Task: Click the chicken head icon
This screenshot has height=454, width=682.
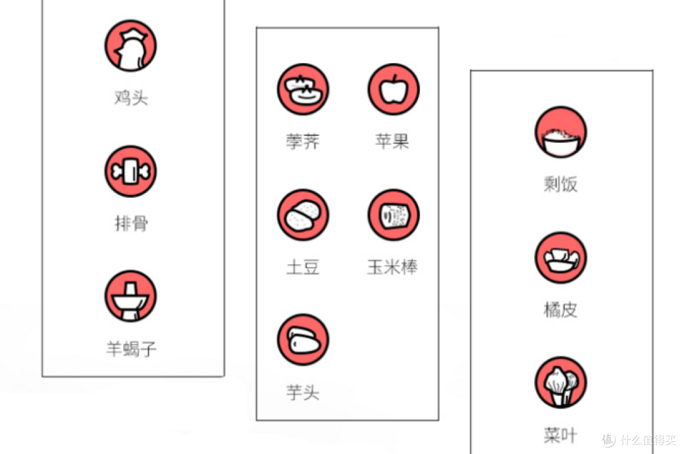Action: (131, 46)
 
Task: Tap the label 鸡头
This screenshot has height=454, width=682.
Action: (131, 97)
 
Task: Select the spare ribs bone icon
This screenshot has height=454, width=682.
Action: (131, 171)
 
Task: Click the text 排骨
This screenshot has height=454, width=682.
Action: (131, 223)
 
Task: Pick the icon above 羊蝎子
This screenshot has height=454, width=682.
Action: (131, 297)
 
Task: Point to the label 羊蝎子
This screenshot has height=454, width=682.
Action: (131, 348)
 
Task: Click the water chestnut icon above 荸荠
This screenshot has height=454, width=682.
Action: (303, 89)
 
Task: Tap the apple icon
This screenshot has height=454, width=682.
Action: (393, 89)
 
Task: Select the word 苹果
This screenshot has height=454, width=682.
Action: (392, 141)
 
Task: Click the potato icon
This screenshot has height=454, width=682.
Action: (303, 215)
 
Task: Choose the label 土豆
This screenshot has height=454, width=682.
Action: (303, 267)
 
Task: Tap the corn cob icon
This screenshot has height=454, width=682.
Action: (393, 215)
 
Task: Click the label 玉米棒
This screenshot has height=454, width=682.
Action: (392, 267)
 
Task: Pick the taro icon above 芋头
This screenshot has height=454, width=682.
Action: (303, 340)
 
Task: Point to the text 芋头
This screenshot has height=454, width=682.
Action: (303, 392)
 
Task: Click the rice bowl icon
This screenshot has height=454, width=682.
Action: (561, 132)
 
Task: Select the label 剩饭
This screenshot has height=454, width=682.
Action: (561, 184)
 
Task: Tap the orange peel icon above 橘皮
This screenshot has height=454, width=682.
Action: (561, 257)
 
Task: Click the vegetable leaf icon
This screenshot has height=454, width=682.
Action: (561, 383)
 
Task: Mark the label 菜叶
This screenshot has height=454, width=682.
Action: (561, 435)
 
